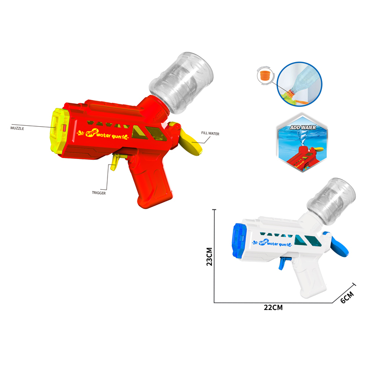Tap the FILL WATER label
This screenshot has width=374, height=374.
tap(210, 133)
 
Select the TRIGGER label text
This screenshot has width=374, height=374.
tap(99, 192)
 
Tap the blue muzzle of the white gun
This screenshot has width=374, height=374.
tap(239, 240)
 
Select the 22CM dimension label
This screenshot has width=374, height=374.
tap(273, 307)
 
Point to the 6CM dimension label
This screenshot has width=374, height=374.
tap(346, 296)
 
